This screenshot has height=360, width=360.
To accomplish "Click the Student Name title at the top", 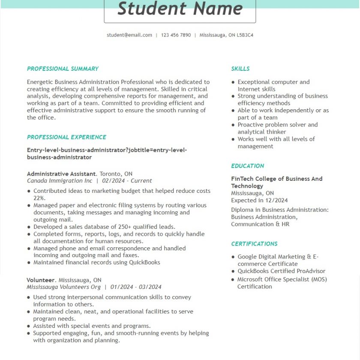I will [180, 9].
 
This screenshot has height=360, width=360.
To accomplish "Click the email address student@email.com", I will [129, 35].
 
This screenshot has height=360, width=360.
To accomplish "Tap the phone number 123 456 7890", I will [176, 35].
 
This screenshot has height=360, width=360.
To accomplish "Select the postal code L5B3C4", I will [245, 35].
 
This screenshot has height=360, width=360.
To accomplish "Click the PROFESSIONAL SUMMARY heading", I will [63, 69].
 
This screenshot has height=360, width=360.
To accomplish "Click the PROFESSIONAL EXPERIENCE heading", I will [66, 137].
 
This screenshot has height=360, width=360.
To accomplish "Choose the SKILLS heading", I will [240, 69].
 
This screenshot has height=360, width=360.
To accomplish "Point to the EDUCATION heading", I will [247, 166].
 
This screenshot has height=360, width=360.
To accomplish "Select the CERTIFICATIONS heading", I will [254, 244].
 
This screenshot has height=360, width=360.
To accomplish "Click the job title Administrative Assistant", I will [61, 174].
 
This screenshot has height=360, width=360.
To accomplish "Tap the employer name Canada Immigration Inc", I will [60, 181].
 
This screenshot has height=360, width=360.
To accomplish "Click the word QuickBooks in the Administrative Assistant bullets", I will [144, 262].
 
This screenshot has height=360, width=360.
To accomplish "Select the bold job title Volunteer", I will [41, 280].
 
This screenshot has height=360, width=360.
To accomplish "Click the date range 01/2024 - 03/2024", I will [136, 287].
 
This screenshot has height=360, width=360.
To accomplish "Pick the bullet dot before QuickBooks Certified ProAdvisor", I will [233, 271].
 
